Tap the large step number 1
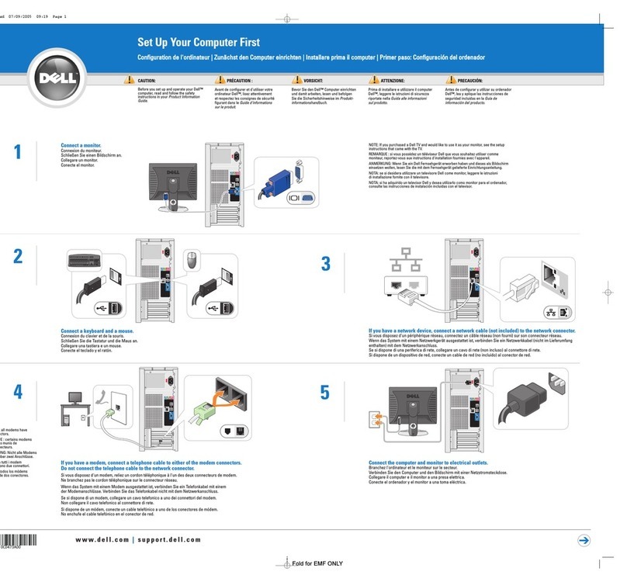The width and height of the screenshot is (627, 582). click(18, 153)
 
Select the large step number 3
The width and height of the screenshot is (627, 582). click(326, 264)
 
